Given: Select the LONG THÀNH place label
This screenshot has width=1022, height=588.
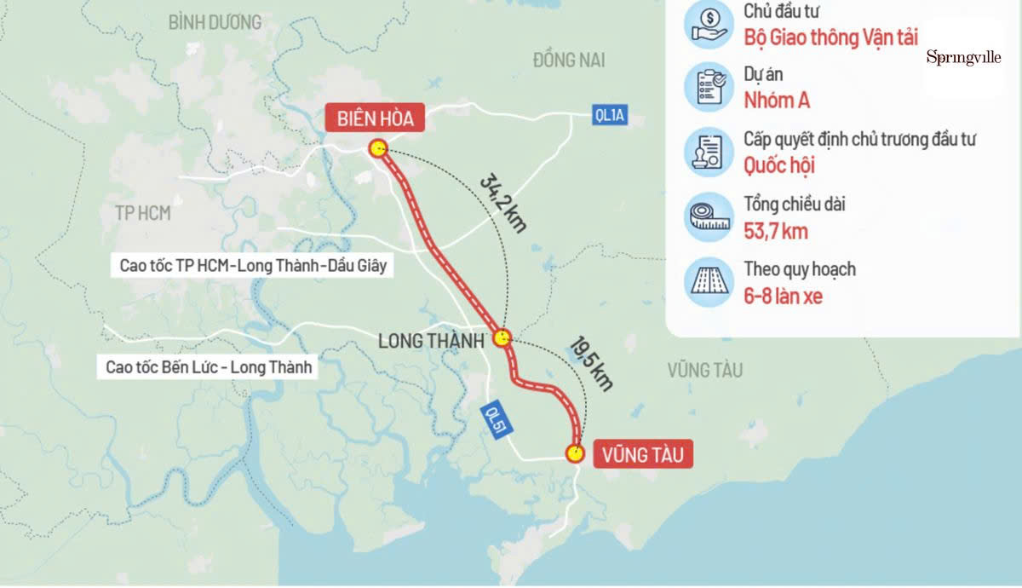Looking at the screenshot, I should point(431,340).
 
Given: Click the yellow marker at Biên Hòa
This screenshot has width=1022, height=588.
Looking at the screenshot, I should point(378,149).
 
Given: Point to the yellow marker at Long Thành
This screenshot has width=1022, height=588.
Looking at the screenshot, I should point(502,337).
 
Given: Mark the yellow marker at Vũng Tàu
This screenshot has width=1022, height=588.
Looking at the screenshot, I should point(576,453).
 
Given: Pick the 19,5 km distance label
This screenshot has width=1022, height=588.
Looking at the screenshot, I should point(589,364).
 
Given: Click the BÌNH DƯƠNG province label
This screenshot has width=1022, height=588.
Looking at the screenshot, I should point(215,22).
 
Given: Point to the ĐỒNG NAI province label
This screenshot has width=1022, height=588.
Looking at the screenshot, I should point(569,60).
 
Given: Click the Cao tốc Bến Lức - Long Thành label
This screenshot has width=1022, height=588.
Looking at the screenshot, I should point(209,368).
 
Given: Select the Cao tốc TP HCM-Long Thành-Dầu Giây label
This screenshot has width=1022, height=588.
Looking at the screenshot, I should point(253,265).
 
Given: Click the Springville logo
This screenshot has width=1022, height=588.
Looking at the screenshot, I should point(963,57).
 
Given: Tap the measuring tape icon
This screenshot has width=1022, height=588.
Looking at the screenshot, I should point(709,217).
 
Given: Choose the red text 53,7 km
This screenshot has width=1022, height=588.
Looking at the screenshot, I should point(775,231).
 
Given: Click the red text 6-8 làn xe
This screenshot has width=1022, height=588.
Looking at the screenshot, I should point(783,297).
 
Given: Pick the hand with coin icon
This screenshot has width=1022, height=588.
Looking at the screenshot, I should point(709,24).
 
